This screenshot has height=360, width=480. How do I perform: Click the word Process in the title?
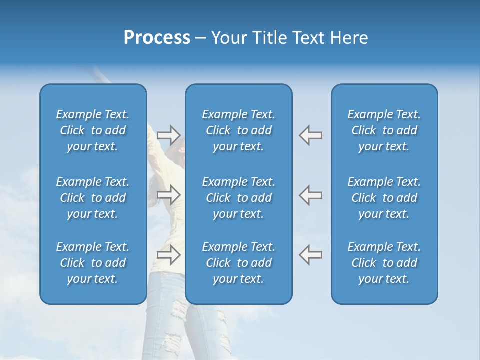click(x=157, y=38)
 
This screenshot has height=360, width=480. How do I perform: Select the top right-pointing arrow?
click(x=169, y=135)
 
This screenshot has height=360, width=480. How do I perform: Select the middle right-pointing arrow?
click(x=169, y=195)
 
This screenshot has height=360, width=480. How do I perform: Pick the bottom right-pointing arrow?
click(x=169, y=254)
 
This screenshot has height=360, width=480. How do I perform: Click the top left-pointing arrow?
click(x=311, y=135)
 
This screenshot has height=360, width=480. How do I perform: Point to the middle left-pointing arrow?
click(x=311, y=195)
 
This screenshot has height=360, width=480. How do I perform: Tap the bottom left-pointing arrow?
click(x=311, y=254)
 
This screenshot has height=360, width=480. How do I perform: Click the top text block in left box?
click(x=93, y=130)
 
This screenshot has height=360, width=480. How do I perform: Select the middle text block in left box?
click(x=93, y=198)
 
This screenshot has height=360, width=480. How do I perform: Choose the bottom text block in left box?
click(x=93, y=263)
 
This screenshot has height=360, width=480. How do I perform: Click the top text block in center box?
click(x=239, y=130)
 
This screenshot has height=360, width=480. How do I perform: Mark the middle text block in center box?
click(x=239, y=198)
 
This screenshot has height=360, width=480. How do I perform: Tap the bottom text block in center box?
click(x=239, y=263)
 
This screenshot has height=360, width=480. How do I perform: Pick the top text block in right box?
click(x=384, y=130)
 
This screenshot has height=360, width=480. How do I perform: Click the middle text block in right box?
click(x=384, y=198)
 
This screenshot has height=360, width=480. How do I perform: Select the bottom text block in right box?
click(x=384, y=263)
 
